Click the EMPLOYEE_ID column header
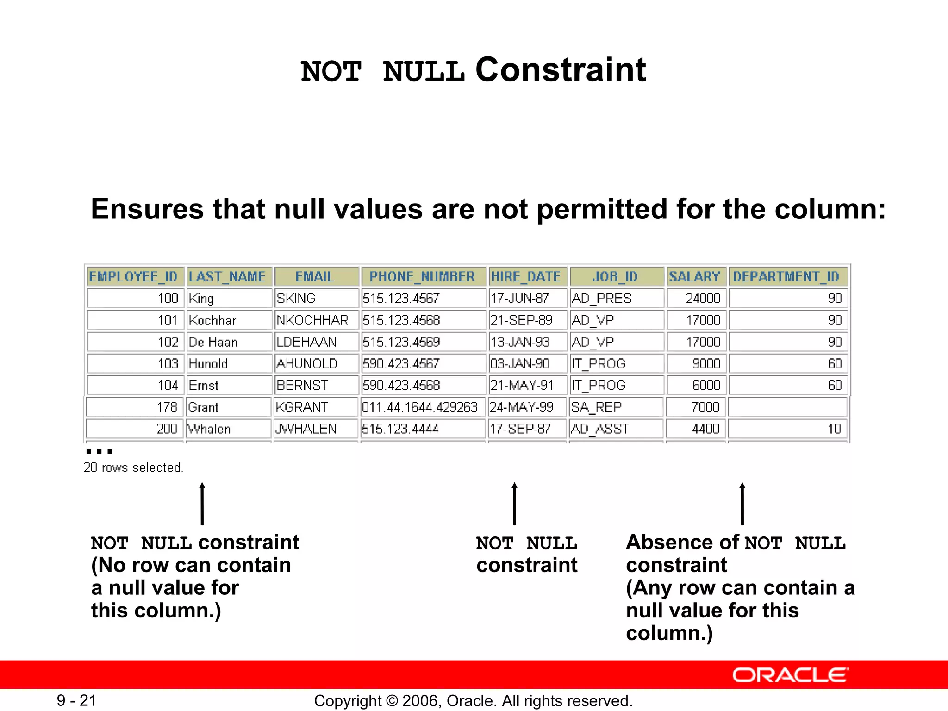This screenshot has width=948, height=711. pyautogui.click(x=133, y=277)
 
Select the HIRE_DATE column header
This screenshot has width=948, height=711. pyautogui.click(x=526, y=277)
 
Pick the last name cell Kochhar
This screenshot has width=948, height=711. pyautogui.click(x=212, y=320)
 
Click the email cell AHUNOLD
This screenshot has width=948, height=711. pyautogui.click(x=307, y=364)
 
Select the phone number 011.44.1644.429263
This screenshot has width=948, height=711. pyautogui.click(x=420, y=407)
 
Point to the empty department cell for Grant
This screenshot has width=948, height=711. pyautogui.click(x=787, y=407)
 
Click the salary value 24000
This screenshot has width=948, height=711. pyautogui.click(x=703, y=299)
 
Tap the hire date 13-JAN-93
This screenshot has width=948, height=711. pyautogui.click(x=520, y=342)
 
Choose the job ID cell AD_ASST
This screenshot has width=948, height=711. pyautogui.click(x=600, y=429)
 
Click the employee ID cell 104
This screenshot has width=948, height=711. pyautogui.click(x=168, y=386)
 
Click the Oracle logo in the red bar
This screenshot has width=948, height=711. pyautogui.click(x=791, y=675)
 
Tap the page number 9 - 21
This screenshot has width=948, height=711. pyautogui.click(x=77, y=701)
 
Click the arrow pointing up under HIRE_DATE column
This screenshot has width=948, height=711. pyautogui.click(x=514, y=504)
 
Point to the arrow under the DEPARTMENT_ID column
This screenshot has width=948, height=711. pyautogui.click(x=742, y=504)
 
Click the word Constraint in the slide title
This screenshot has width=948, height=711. pyautogui.click(x=561, y=70)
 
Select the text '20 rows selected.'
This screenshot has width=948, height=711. pyautogui.click(x=133, y=468)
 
